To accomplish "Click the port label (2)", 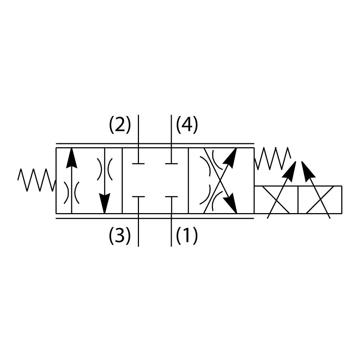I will [120, 125].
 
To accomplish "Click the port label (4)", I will [187, 125].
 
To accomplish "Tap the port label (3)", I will [120, 236].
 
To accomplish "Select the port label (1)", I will [187, 236].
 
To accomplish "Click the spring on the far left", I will [36, 179].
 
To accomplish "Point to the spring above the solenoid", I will [273, 158].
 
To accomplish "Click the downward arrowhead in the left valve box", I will [104, 203].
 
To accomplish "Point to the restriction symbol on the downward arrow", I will [104, 169].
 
